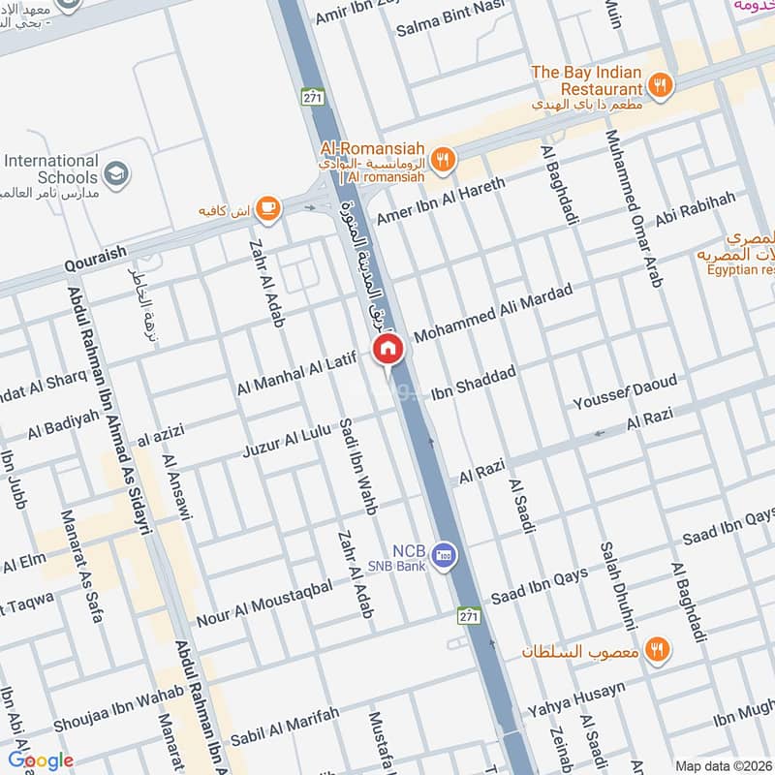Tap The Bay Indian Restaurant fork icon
(660, 84)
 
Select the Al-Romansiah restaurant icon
(443, 160)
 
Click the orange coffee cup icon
(267, 207)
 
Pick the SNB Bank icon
(444, 554)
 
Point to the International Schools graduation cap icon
(116, 173)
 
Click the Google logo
(41, 760)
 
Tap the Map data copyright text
(724, 765)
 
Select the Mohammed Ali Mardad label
(493, 312)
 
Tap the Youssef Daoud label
(625, 390)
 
